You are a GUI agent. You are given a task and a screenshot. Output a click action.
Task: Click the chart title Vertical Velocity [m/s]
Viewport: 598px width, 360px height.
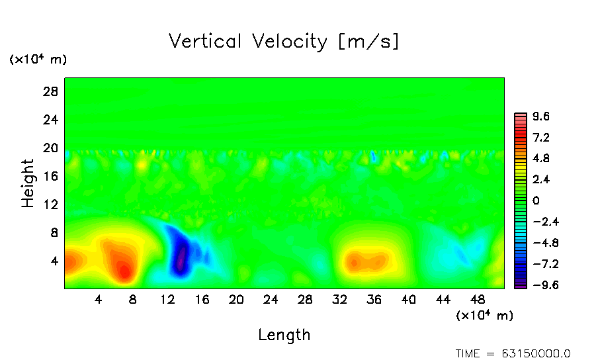[x=284, y=42]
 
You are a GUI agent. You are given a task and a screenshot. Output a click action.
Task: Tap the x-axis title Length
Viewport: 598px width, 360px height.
[x=284, y=335]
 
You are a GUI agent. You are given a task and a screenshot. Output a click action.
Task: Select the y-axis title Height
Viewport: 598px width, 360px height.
[x=28, y=183]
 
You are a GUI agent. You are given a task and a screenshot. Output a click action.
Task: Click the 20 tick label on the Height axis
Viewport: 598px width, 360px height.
[x=51, y=148]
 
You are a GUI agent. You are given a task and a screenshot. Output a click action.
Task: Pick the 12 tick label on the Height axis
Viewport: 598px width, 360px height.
[x=51, y=205]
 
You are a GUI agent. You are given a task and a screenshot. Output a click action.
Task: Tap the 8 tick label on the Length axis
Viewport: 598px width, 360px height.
[x=133, y=300]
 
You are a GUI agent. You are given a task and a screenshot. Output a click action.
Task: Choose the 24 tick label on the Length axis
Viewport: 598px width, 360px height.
[x=271, y=300]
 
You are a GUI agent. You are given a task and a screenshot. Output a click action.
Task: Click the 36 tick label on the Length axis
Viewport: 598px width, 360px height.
[x=374, y=300]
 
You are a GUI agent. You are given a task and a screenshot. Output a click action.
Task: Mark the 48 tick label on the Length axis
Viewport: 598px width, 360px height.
[x=477, y=300]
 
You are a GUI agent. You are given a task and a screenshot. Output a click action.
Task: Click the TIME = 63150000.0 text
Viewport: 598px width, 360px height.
[x=513, y=353]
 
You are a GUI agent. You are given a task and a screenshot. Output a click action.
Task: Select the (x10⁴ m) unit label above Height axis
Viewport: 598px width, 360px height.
[x=38, y=60]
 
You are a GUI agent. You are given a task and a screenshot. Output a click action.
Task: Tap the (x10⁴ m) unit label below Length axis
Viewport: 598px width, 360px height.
[x=484, y=316]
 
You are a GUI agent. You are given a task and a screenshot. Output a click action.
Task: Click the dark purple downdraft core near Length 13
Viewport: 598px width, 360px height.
[x=181, y=260]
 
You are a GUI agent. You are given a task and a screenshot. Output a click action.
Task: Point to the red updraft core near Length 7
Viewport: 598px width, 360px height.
[x=124, y=269]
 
